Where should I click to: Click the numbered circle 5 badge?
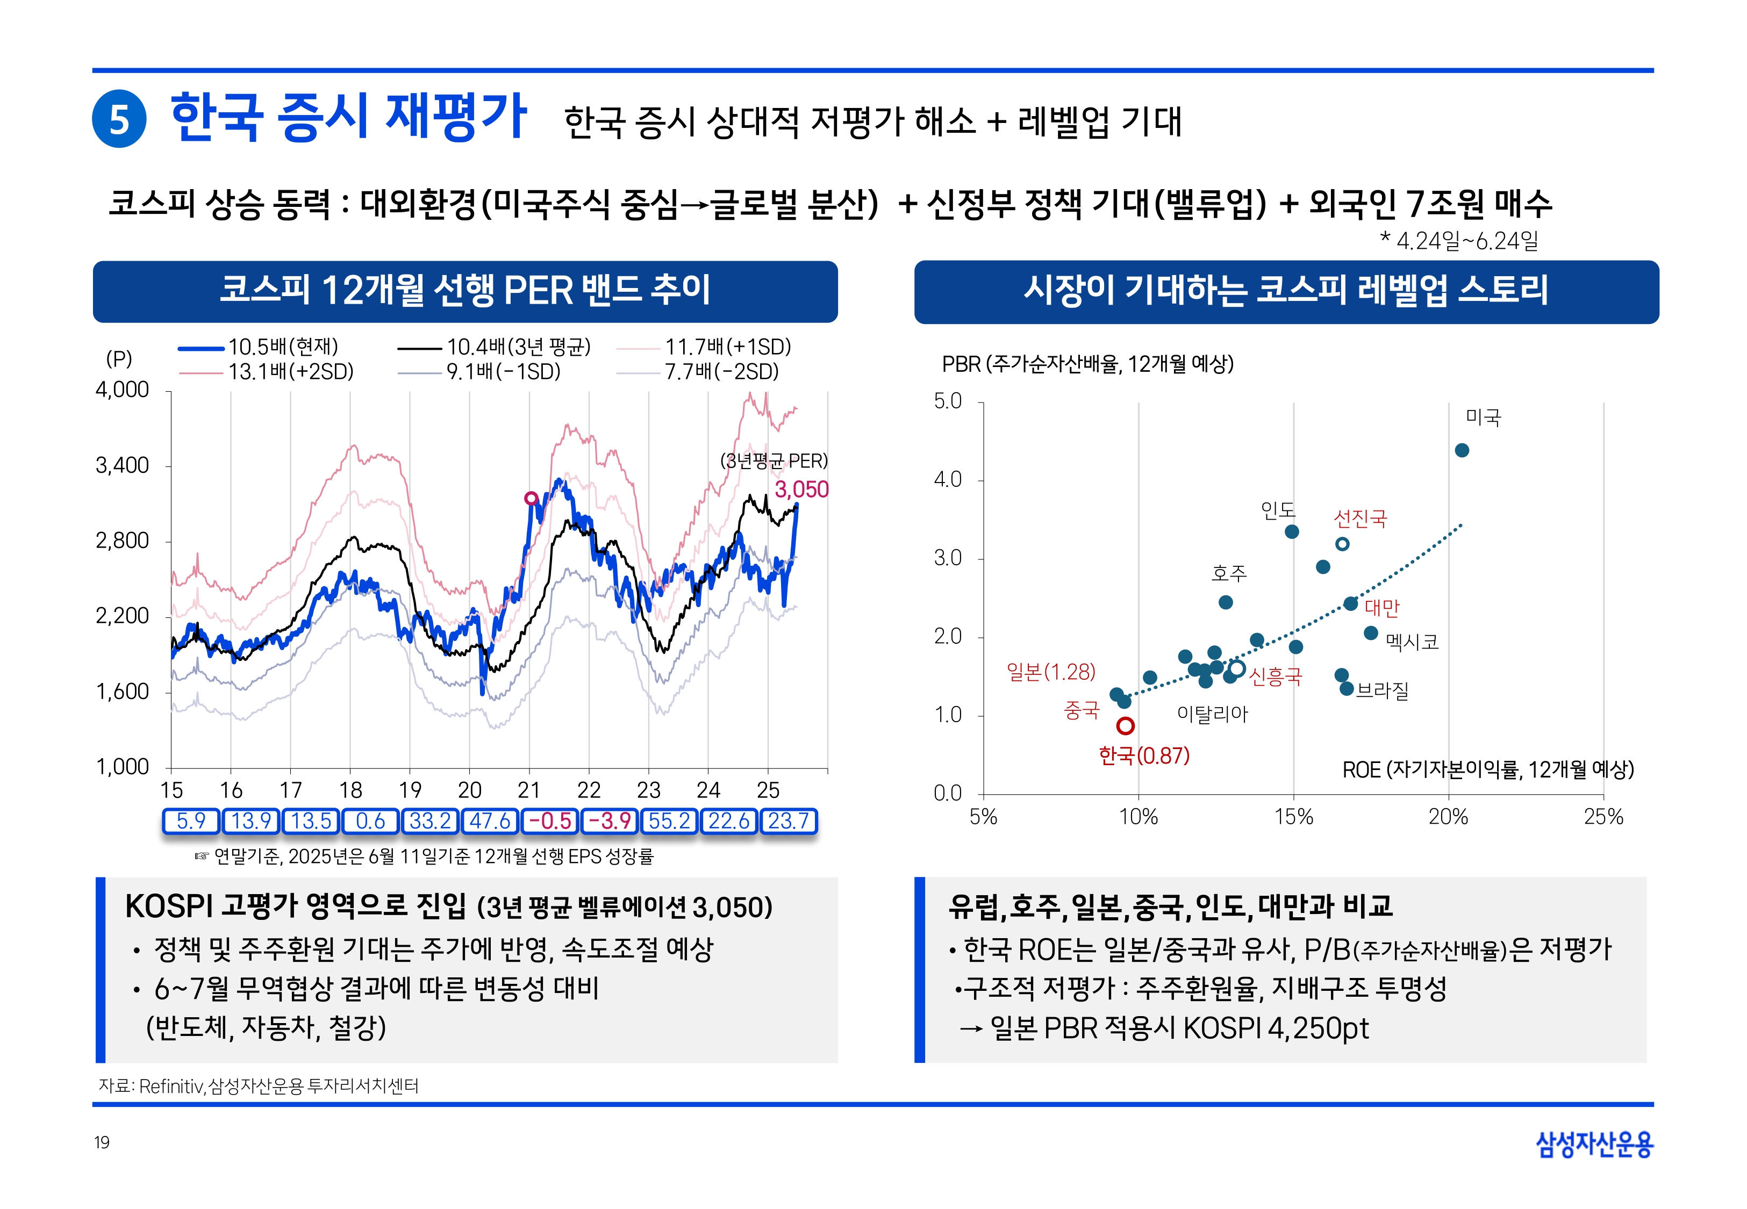click(x=119, y=119)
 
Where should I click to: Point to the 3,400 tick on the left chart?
click(x=122, y=465)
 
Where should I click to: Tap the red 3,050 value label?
click(x=801, y=490)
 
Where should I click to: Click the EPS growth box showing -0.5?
click(x=549, y=821)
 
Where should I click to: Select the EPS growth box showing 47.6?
click(x=489, y=821)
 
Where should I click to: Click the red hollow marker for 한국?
click(x=1125, y=726)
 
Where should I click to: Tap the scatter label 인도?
click(x=1277, y=510)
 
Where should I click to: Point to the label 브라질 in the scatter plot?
click(x=1383, y=690)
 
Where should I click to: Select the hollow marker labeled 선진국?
click(x=1342, y=544)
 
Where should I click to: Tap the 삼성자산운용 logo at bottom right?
click(x=1594, y=1144)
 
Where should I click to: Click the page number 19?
click(x=102, y=1142)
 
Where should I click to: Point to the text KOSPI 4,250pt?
click(x=1276, y=1028)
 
